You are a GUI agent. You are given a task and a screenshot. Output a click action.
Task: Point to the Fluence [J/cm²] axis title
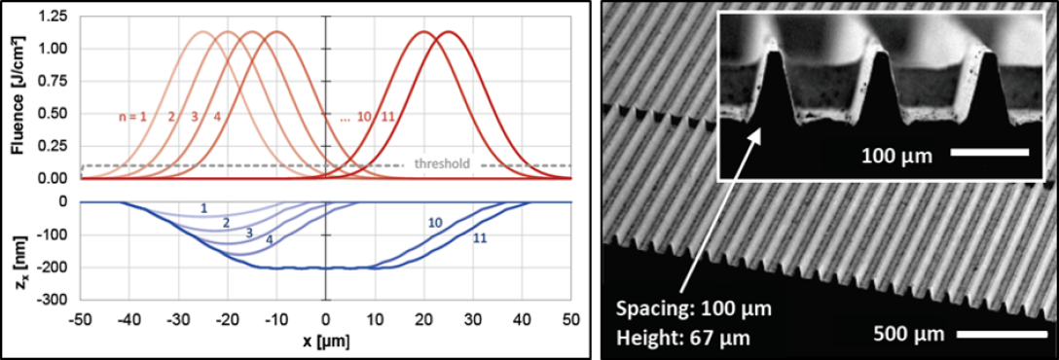[x=19, y=96]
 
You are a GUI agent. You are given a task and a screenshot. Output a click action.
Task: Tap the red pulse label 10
[x=364, y=116]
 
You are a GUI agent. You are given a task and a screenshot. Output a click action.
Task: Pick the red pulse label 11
[x=387, y=116]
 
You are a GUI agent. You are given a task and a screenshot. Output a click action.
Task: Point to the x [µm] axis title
[x=326, y=342]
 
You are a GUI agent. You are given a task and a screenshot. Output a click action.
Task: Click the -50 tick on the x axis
[x=81, y=318]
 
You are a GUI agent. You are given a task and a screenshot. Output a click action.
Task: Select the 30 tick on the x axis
[x=473, y=318]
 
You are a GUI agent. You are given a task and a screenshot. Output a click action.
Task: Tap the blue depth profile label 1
[x=203, y=209]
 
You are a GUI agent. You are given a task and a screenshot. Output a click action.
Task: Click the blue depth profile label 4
[x=269, y=239]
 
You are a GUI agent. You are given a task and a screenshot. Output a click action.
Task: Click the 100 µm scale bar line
[x=990, y=155]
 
